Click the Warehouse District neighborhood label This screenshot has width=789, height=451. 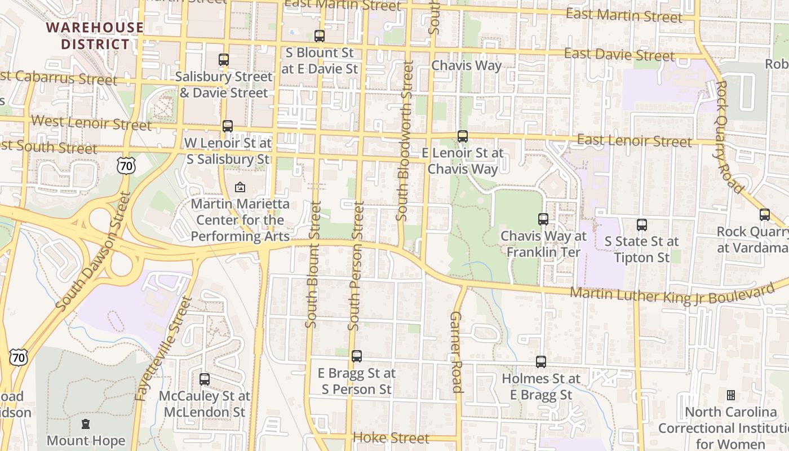[x=95, y=36]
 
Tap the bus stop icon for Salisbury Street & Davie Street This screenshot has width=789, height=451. [x=224, y=59]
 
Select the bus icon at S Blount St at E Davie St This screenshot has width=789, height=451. [x=320, y=36]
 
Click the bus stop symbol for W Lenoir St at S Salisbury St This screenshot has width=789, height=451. [x=228, y=126]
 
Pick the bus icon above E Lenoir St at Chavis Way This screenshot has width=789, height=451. [x=463, y=136]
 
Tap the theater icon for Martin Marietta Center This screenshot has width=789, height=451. [x=240, y=187]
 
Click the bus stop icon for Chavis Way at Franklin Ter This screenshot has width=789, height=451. [x=543, y=219]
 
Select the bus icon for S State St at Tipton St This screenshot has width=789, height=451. [x=642, y=225]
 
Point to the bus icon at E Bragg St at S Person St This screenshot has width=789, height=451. [x=357, y=356]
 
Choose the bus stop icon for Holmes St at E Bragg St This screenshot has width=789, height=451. [x=541, y=362]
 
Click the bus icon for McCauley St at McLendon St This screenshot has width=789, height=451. [x=205, y=379]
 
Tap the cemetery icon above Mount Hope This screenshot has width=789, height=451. [x=86, y=423]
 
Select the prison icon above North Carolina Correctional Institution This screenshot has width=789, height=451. [x=731, y=395]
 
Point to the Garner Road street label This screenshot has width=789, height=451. [x=456, y=352]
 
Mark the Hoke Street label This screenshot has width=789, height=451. [x=391, y=438]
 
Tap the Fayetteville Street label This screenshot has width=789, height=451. [x=164, y=350]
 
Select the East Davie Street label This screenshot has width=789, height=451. [x=619, y=55]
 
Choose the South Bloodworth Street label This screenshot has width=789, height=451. [x=405, y=140]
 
